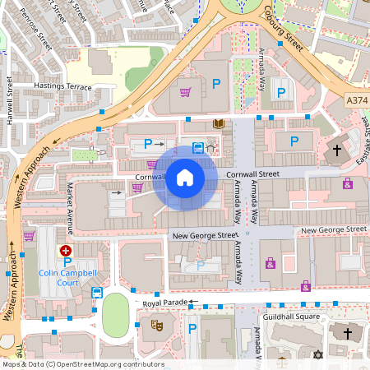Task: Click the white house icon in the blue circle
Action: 185,178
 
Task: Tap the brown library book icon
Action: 218,124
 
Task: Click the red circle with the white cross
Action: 65,250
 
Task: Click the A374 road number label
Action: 357,99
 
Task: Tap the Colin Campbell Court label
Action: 69,278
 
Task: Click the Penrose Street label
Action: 35,31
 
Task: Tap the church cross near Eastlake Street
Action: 336,151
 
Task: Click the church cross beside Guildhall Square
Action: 347,333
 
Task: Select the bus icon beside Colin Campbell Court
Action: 97,292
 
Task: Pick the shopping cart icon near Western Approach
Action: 30,236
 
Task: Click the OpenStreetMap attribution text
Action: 83,364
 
